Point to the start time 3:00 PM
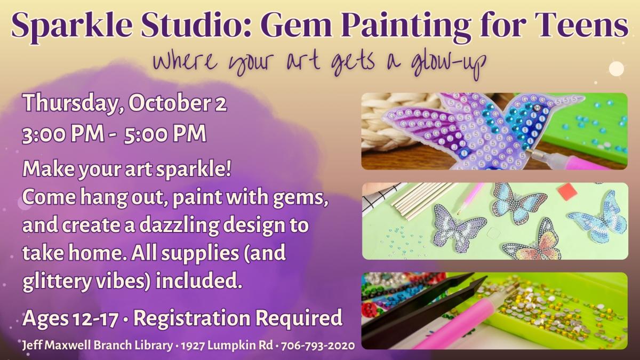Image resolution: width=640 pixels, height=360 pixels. coord(63,133)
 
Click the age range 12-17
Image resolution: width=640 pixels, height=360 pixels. coord(95,318)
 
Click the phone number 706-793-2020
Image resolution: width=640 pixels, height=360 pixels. coord(318,346)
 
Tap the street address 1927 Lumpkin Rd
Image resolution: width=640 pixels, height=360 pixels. coord(227,346)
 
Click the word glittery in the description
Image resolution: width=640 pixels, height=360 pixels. coord(57,282)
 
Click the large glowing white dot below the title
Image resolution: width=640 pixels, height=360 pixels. coord(617,69)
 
